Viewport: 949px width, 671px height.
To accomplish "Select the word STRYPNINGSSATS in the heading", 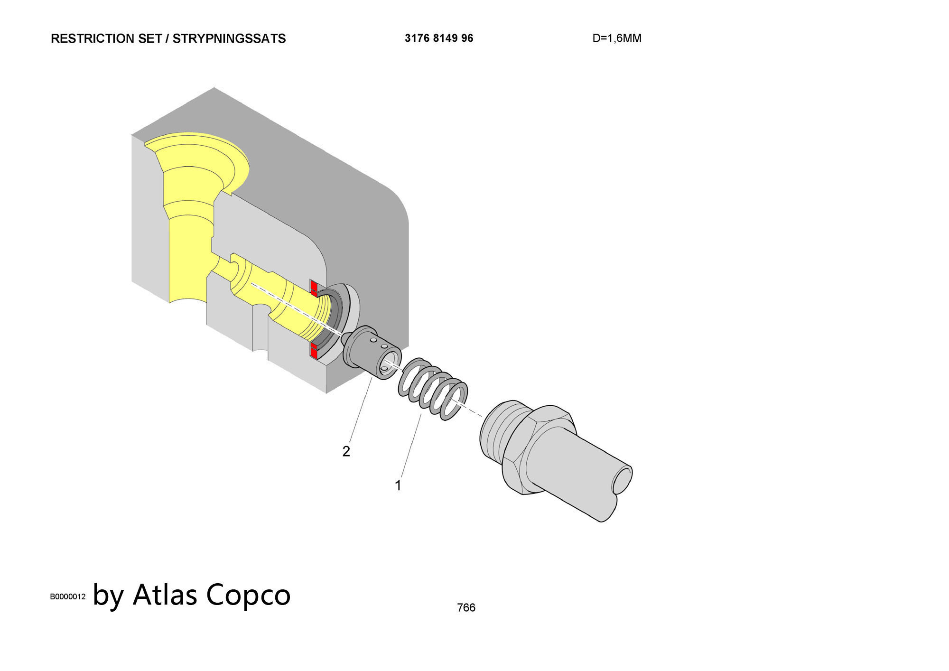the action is click(x=229, y=39).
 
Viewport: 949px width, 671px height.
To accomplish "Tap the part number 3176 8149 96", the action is click(x=439, y=38).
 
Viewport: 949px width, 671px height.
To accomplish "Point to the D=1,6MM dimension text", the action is click(x=617, y=38).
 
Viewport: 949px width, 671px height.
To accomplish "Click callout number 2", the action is click(x=346, y=451).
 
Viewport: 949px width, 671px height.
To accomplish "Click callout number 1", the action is click(x=398, y=485).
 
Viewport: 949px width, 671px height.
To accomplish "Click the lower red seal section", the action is click(x=314, y=351).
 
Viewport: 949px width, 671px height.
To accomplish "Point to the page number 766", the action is click(x=466, y=607).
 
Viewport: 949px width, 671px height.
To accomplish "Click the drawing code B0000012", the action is click(x=68, y=596).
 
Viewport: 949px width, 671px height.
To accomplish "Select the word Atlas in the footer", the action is click(x=165, y=595).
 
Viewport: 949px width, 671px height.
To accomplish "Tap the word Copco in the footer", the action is click(x=249, y=595).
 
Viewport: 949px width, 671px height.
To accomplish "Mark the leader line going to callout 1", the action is click(x=411, y=446).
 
